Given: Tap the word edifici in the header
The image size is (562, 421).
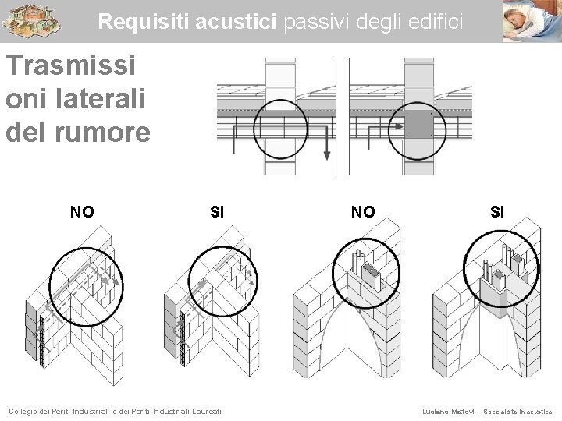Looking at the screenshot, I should tap(435, 23).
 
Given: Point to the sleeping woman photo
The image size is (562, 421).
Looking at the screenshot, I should tap(532, 20).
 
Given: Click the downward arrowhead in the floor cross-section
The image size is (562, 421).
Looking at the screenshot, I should tap(327, 154).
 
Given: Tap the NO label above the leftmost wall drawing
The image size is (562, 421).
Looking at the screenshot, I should tap(82, 211).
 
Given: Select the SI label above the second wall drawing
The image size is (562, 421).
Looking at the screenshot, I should tap(218, 211).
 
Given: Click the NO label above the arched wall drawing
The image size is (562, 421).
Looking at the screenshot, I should tap(363, 211).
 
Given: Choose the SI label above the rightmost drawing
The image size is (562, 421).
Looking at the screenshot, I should tap(497, 211).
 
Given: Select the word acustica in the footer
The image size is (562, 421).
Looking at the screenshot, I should tap(537, 411).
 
